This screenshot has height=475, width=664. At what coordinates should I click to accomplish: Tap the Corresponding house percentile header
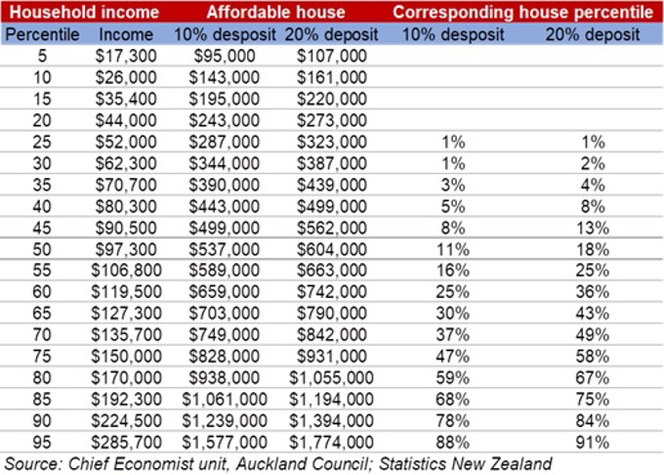coord(523,13)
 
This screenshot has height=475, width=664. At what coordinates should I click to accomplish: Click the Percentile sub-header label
coord(38,33)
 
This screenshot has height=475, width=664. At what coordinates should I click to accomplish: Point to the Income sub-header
coord(126,33)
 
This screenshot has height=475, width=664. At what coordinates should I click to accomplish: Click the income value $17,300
coord(126,56)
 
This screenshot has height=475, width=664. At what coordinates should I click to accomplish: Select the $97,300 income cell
coord(126,249)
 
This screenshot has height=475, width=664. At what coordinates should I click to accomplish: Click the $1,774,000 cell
coord(331,443)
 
